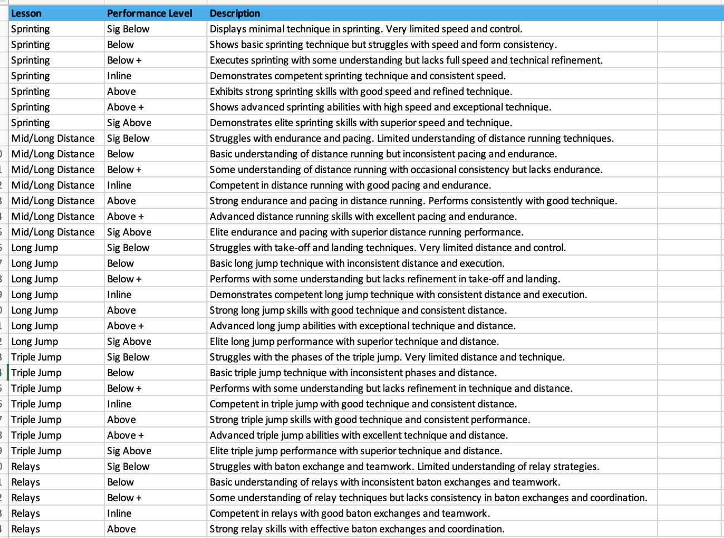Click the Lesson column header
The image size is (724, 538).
coord(26,13)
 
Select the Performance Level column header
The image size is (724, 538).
coord(149,13)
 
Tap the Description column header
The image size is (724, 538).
coord(235,13)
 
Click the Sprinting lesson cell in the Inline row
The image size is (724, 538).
coord(31,76)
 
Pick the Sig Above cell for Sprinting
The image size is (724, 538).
coord(129,123)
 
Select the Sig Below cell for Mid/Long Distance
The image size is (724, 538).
coord(128,138)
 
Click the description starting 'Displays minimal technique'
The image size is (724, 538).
coord(366,29)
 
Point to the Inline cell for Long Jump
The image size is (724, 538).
coord(119,295)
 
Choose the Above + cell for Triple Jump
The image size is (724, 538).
coord(126,435)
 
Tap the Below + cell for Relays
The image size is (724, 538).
coord(124,498)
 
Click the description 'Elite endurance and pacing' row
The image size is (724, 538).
coord(366,232)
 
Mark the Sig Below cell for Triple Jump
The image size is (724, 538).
coord(128,357)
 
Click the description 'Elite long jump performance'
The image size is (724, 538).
coord(354,342)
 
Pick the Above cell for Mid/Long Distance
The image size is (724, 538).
coord(122,201)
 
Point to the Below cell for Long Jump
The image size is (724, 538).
coord(120,263)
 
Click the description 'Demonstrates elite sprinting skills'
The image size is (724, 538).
coord(361,123)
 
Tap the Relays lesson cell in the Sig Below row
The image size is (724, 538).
coord(26,467)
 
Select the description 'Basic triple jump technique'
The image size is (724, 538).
coord(353,373)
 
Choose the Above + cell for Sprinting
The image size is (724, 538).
coord(126,107)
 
